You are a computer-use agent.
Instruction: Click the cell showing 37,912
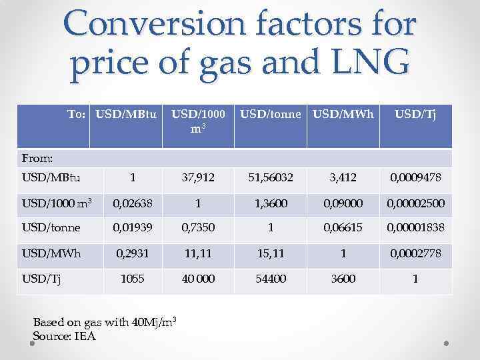(x=198, y=177)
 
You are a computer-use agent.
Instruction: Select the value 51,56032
(x=271, y=177)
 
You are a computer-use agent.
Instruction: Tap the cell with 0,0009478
(x=415, y=177)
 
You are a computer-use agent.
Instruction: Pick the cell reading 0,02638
(x=132, y=203)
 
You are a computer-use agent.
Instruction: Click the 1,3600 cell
(x=271, y=203)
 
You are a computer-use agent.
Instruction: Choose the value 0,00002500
(x=415, y=203)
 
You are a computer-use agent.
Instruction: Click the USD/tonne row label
(x=51, y=228)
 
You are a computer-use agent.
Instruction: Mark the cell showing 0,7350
(x=198, y=228)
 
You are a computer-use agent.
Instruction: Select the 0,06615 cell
(x=343, y=228)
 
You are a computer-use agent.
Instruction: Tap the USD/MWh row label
(x=51, y=253)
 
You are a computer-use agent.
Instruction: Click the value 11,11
(x=198, y=253)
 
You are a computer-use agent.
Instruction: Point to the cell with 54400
(x=271, y=279)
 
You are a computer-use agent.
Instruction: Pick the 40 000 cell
(x=198, y=279)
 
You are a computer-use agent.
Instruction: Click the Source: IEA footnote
(x=64, y=336)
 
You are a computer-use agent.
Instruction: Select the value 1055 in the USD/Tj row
(x=132, y=279)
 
